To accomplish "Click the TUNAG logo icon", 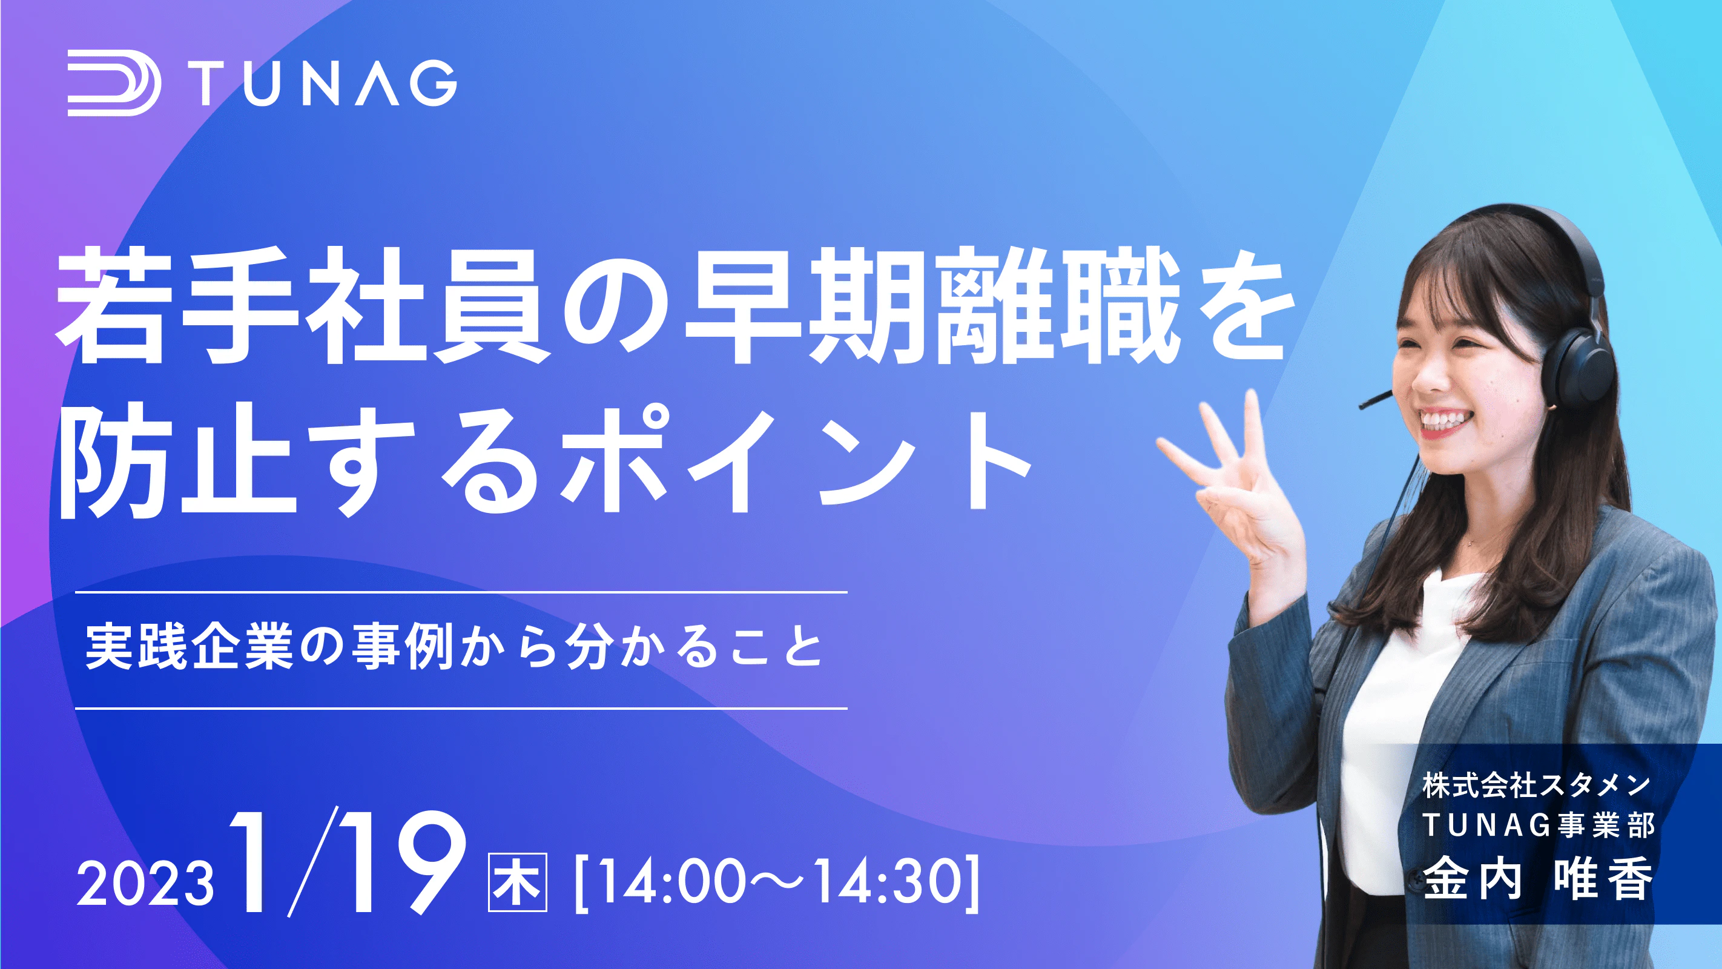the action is point(114,82).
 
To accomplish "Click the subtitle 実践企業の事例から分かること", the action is point(455,647).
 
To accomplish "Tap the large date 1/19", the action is point(348,862).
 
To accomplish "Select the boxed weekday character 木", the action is point(518,882).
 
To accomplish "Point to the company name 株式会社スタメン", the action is point(1537,785).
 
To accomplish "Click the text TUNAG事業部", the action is point(1538,825).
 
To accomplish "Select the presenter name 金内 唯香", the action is point(1538,879).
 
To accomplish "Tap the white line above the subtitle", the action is point(461,592).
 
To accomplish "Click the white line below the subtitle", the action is point(461,708).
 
